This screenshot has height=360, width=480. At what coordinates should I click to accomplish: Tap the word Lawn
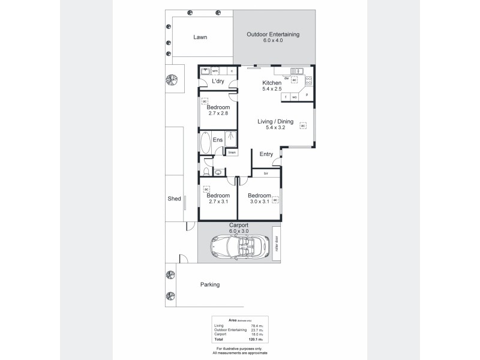200,37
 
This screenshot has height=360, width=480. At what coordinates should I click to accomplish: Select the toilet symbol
206,172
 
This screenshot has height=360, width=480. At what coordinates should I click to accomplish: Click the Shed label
174,199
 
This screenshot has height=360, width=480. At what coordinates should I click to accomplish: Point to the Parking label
209,284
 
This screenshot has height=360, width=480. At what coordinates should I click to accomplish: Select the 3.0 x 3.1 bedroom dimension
259,202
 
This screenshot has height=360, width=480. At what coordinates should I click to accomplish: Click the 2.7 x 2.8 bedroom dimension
218,114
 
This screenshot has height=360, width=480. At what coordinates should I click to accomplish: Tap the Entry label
266,154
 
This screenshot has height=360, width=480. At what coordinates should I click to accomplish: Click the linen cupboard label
232,152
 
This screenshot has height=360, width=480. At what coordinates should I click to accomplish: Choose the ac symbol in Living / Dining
304,126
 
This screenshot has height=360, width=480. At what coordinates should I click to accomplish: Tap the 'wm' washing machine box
214,71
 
